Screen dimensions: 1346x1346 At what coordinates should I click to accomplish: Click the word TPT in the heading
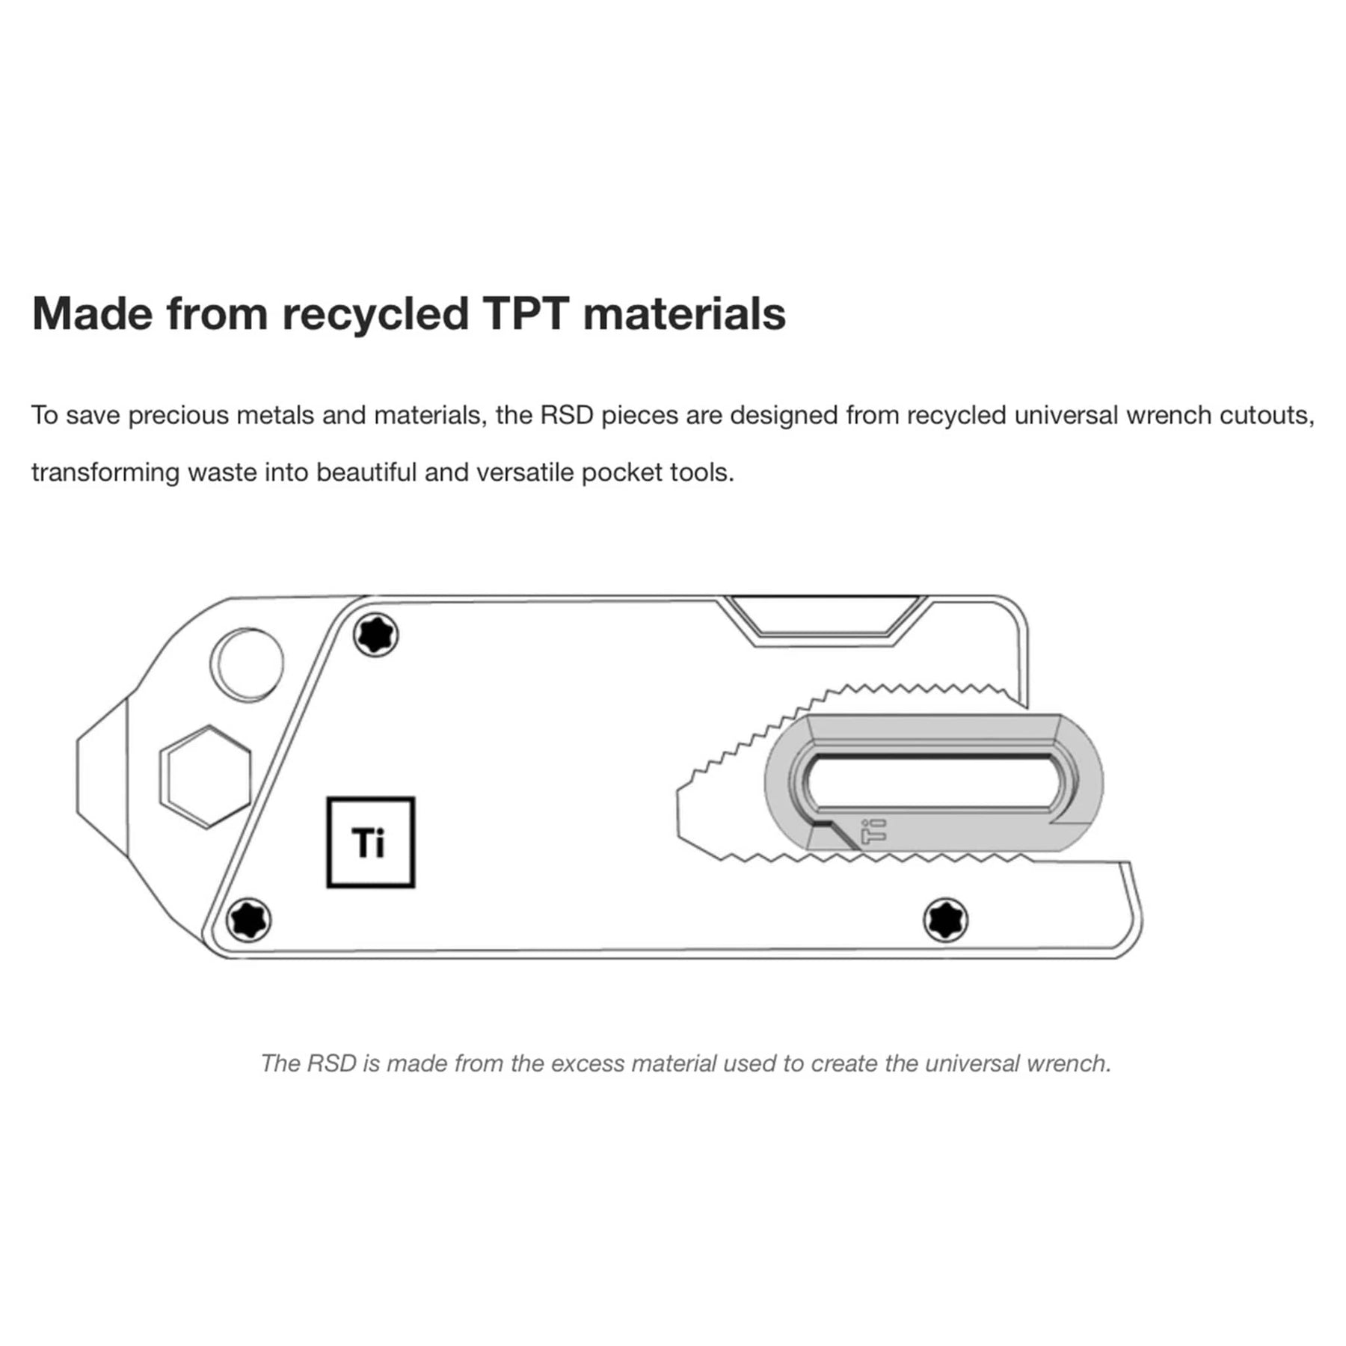(525, 313)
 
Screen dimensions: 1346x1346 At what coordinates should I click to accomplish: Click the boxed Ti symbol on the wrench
(370, 843)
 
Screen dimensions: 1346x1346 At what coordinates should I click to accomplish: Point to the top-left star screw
(375, 636)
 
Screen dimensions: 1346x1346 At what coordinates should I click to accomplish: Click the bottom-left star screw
(248, 920)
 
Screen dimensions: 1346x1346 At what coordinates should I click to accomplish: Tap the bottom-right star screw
(946, 920)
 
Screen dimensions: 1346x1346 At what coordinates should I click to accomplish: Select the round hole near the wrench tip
(248, 664)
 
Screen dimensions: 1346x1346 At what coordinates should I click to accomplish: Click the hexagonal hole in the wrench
(206, 776)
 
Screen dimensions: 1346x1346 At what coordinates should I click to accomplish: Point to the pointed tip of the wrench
(82, 776)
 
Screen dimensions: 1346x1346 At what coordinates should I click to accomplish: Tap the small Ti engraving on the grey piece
(873, 831)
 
